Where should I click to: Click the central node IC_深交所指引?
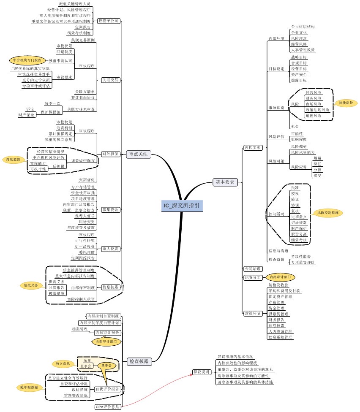(182, 206)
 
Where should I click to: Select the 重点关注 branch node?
(138, 154)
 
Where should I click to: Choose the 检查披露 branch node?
(138, 361)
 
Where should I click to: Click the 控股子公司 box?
(109, 20)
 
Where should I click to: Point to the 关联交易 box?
(110, 79)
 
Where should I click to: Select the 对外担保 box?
(110, 154)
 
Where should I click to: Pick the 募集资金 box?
(110, 209)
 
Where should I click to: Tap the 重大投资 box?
(110, 249)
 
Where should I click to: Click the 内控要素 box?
(253, 148)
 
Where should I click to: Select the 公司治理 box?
(253, 268)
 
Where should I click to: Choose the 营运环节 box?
(253, 313)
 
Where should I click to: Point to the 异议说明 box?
(201, 372)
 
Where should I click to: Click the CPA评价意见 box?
(107, 407)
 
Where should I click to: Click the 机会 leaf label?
(295, 126)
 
